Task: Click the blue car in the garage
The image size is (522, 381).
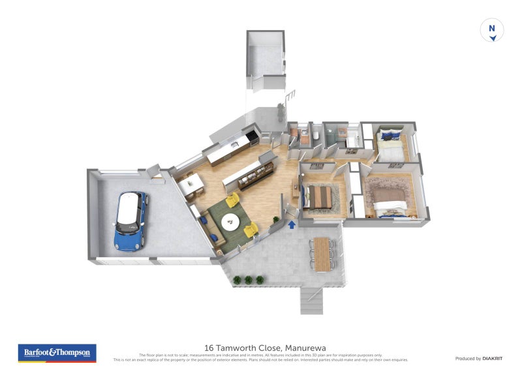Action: (130, 222)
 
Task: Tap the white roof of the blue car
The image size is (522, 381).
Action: (131, 209)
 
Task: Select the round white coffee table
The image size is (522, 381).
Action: (231, 222)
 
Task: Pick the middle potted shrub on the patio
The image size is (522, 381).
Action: (249, 280)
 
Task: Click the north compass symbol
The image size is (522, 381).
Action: (493, 31)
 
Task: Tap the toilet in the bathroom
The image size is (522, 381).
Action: (315, 135)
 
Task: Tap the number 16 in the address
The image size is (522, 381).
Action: (209, 348)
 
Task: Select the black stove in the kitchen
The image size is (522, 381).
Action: (252, 136)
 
